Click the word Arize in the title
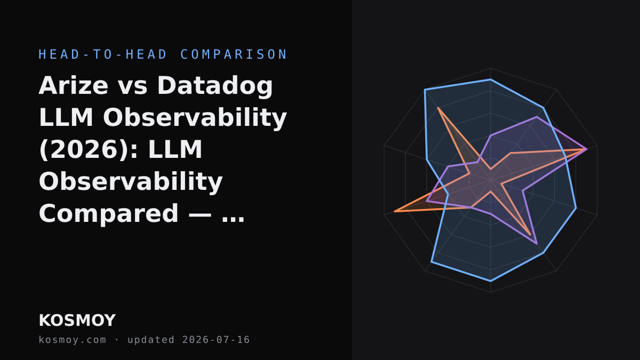74,85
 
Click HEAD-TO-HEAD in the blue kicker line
103,54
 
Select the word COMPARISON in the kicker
234,54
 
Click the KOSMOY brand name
77,321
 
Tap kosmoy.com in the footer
73,340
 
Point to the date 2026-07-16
216,340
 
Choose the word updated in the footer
151,340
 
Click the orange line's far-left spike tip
395,211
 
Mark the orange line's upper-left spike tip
438,108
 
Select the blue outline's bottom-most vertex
491,281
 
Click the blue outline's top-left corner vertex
425,90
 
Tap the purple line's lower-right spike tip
537,244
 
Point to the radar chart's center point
491,180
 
